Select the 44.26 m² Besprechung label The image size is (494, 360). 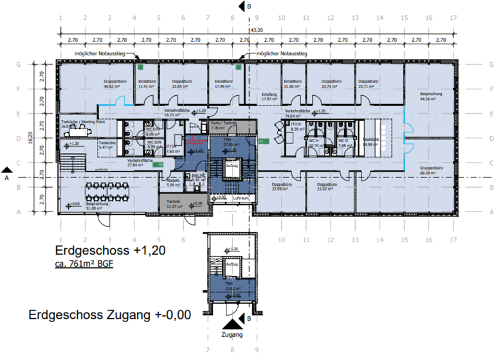[x=428, y=96]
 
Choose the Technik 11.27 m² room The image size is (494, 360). [x=173, y=204]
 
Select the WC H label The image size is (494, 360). [x=315, y=143]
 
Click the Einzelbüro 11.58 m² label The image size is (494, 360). [x=292, y=84]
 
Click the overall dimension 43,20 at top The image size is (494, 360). [x=256, y=31]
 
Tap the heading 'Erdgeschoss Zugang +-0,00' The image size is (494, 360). [x=109, y=315]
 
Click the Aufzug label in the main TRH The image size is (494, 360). [x=232, y=165]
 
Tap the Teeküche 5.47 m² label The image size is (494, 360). [x=107, y=145]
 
